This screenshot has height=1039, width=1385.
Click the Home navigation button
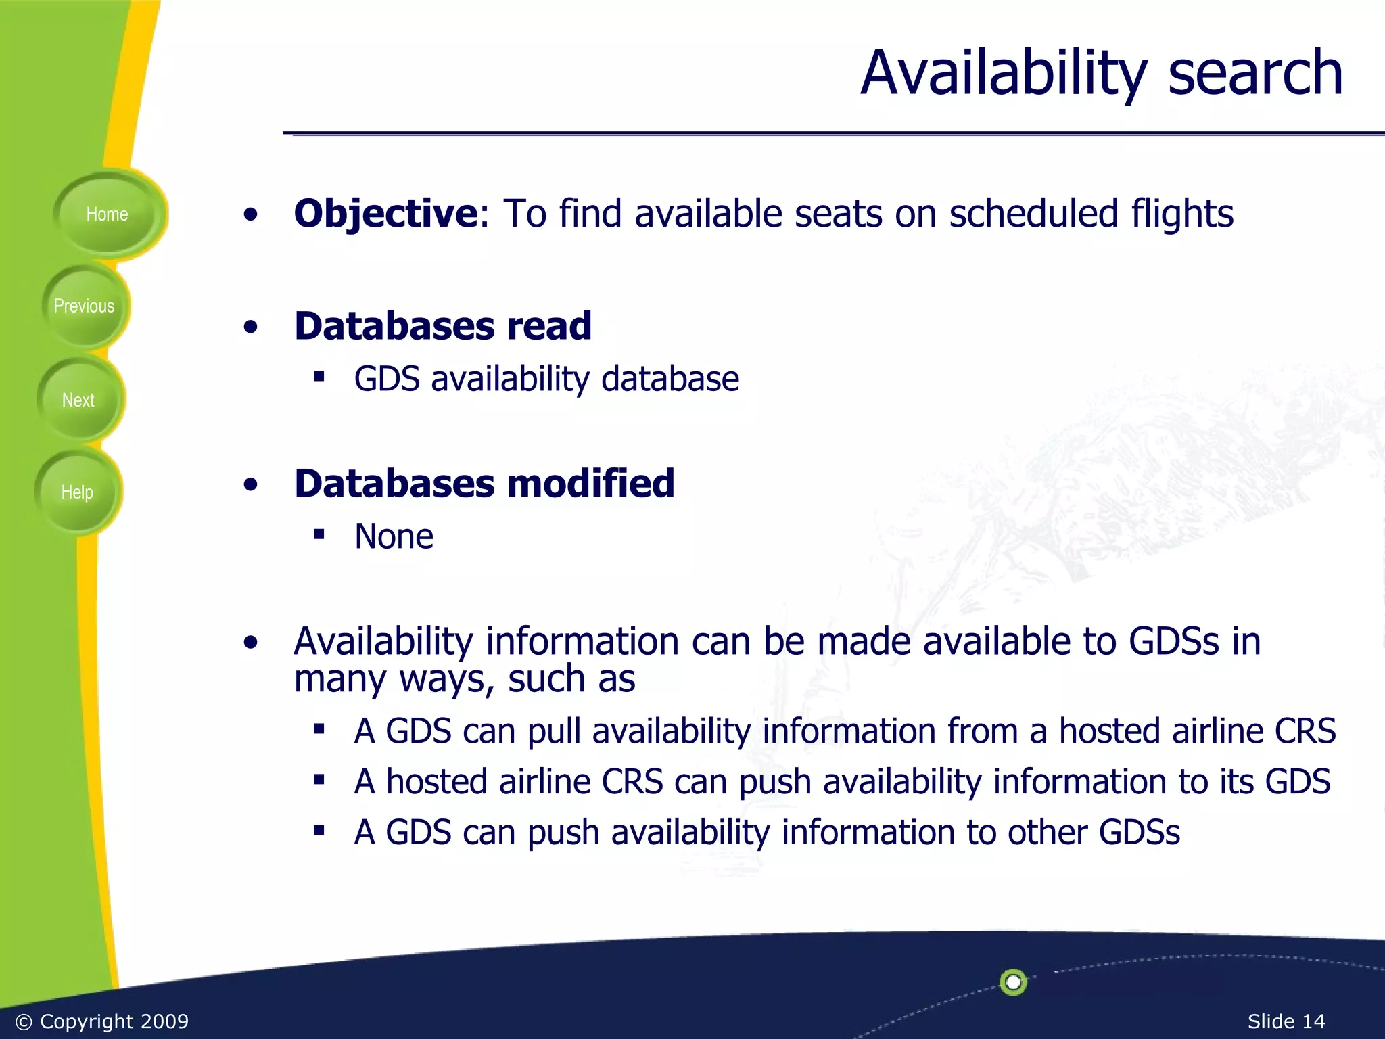[107, 214]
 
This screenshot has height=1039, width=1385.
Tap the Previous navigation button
[84, 306]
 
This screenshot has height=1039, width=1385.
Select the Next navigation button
[78, 400]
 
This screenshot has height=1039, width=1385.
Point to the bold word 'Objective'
[386, 214]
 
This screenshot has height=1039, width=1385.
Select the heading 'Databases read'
[443, 326]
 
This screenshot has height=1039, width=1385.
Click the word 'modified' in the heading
[590, 484]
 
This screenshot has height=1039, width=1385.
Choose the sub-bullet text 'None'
[394, 536]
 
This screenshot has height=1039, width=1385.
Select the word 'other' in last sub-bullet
[1047, 832]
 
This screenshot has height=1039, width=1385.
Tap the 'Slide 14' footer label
[1286, 1021]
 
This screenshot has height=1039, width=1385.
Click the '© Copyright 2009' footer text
[101, 1021]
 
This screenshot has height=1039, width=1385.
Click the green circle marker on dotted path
[1012, 982]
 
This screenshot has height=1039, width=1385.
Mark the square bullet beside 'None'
[319, 535]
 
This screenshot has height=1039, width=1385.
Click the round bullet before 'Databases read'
[251, 327]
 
